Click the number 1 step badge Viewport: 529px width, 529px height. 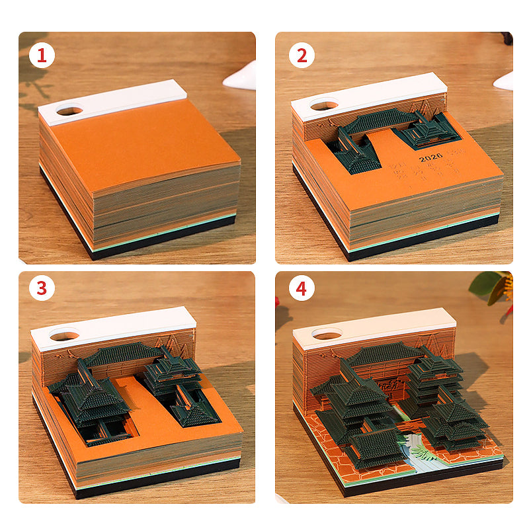point(42,56)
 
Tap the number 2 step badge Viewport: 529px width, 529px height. point(302,56)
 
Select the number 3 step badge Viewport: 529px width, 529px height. point(42,290)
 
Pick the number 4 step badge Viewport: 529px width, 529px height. point(302,290)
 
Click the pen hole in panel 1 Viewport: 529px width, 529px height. point(69,110)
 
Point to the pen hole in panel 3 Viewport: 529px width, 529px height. point(63,336)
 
